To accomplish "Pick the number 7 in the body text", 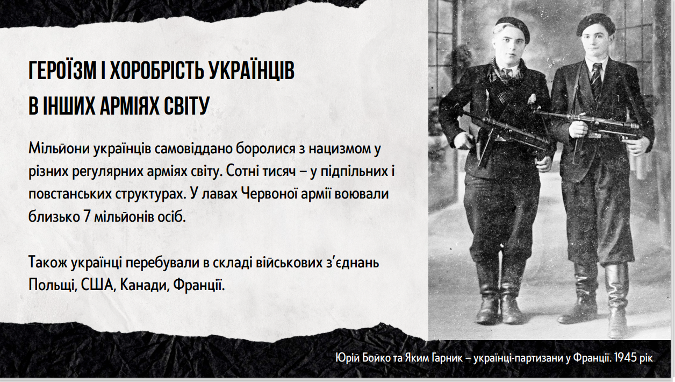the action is coord(87,217).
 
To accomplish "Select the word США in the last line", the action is coord(97,285).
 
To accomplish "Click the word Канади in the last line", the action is coord(144,285).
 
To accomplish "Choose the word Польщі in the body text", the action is coord(52,285).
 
